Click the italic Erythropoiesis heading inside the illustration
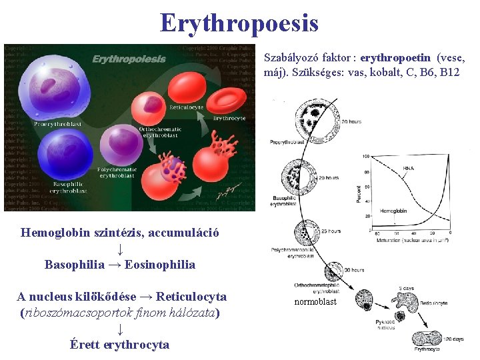(129, 59)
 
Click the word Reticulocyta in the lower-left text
(187, 296)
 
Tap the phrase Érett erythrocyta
(119, 344)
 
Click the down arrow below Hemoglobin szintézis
(119, 249)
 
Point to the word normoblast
(316, 301)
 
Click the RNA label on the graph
(408, 168)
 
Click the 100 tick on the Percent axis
(366, 156)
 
